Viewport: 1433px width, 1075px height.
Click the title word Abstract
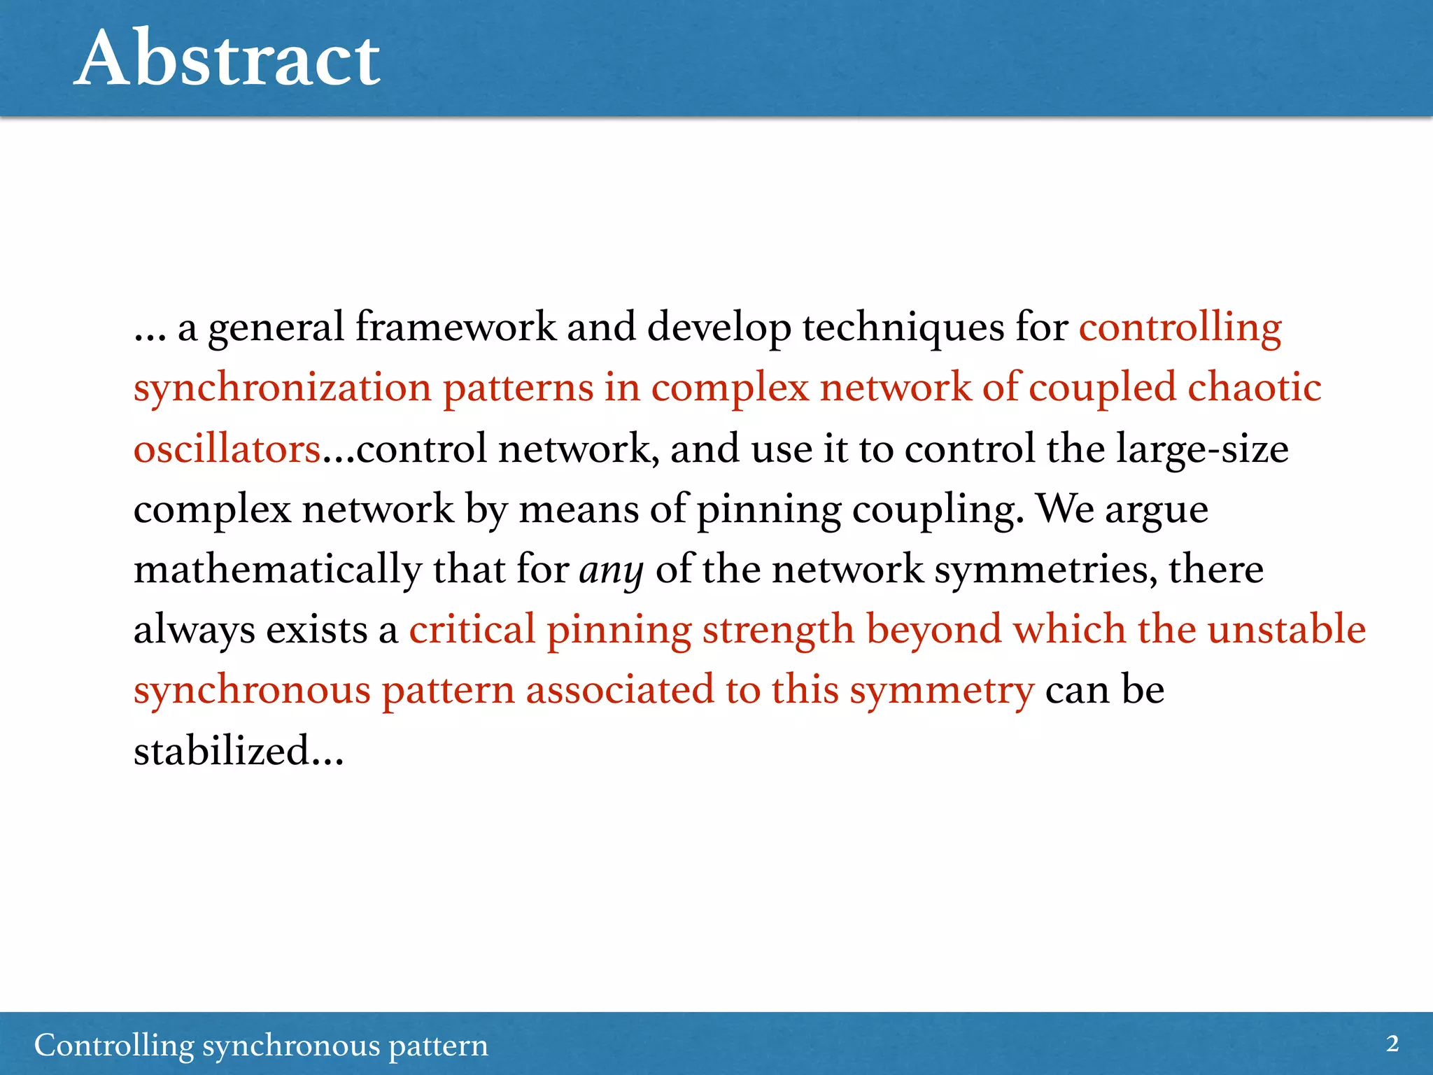pyautogui.click(x=227, y=59)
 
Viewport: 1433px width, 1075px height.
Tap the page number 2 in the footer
pyautogui.click(x=1392, y=1044)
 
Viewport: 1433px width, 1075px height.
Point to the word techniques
pyautogui.click(x=903, y=329)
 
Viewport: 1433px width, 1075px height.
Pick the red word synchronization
pyautogui.click(x=283, y=388)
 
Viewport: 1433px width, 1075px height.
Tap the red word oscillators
pyautogui.click(x=227, y=449)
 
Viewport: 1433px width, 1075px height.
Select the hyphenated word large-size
pyautogui.click(x=1201, y=449)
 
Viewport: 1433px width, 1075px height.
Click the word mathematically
pyautogui.click(x=278, y=570)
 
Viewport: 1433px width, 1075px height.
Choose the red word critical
pyautogui.click(x=472, y=629)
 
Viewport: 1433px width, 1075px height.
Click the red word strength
pyautogui.click(x=778, y=631)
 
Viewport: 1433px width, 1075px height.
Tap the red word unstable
pyautogui.click(x=1286, y=629)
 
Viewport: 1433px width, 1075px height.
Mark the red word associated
pyautogui.click(x=620, y=690)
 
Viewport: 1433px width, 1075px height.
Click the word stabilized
pyautogui.click(x=223, y=751)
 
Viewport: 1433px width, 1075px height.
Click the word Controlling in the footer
pyautogui.click(x=114, y=1046)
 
